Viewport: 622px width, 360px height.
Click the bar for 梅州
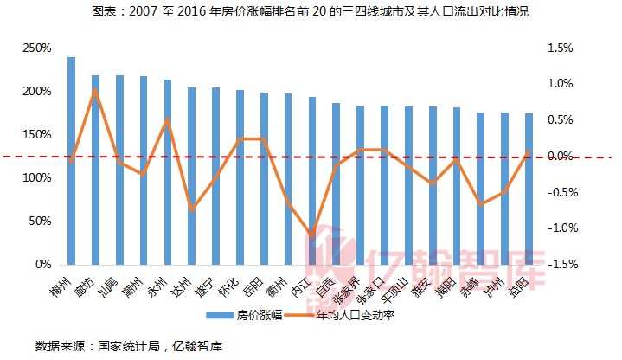coord(71,161)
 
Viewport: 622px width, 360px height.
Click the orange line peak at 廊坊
coord(95,89)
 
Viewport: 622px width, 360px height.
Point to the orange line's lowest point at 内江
coord(311,235)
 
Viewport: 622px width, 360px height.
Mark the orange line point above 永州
coord(168,119)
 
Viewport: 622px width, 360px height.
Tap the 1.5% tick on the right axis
coord(560,48)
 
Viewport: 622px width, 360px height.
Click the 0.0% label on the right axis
coord(560,156)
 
